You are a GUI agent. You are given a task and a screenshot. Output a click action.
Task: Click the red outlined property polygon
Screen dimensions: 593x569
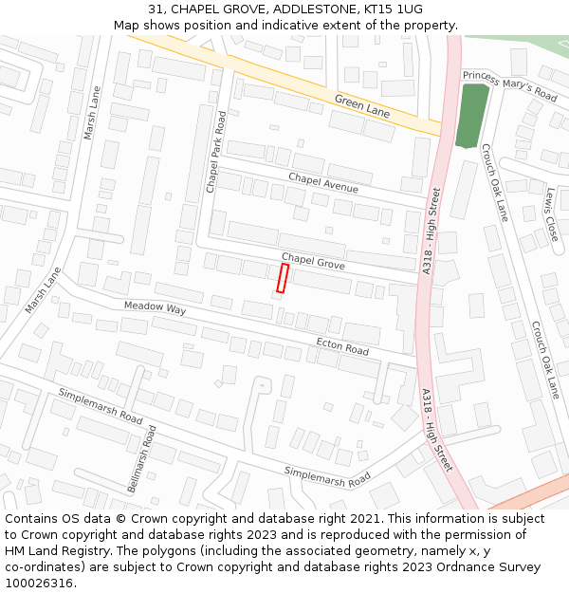click(283, 278)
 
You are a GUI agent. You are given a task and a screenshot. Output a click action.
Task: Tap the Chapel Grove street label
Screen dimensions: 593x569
click(312, 261)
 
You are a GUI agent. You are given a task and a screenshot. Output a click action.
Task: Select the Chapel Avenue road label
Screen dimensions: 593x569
click(323, 182)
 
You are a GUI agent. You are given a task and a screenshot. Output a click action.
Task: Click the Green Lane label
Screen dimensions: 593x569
click(362, 105)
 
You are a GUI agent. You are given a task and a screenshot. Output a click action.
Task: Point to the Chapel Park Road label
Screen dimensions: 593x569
click(216, 152)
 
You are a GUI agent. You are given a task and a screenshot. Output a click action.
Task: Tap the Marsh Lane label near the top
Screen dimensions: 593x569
click(91, 113)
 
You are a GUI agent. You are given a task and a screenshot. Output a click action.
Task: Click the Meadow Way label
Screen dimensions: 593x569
click(155, 307)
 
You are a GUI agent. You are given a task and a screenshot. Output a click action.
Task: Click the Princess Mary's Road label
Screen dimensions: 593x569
click(509, 85)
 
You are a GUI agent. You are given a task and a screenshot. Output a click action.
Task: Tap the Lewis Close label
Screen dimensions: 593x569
click(551, 213)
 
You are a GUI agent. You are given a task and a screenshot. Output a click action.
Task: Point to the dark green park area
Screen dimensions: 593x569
click(471, 115)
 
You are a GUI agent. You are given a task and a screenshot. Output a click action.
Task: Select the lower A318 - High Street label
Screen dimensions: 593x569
click(437, 430)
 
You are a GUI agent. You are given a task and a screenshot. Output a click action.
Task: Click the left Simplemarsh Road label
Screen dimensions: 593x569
click(101, 406)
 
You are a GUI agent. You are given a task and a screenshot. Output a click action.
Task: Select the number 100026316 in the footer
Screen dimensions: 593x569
click(37, 584)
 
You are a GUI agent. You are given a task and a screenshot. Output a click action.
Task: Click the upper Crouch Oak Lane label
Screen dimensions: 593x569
click(494, 182)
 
